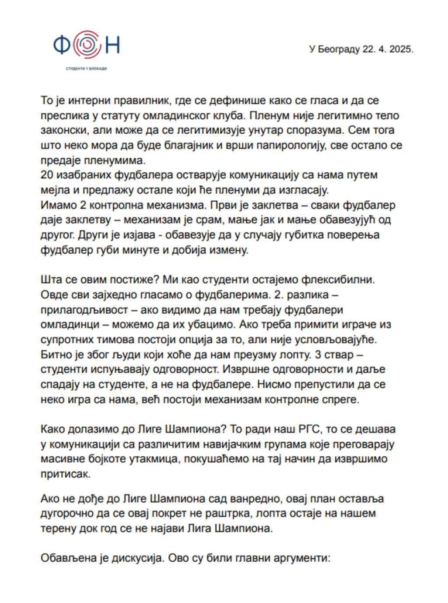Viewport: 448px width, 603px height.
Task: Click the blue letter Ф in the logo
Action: tap(62, 45)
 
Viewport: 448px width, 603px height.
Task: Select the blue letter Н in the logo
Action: tap(112, 45)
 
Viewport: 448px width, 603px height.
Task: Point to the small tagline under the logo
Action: tap(86, 69)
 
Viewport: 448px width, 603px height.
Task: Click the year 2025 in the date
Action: tap(401, 49)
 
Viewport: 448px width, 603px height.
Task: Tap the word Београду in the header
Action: tap(339, 49)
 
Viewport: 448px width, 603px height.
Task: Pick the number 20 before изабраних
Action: tap(47, 175)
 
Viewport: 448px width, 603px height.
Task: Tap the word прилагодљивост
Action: tap(84, 310)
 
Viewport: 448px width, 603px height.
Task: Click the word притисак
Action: tap(66, 474)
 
